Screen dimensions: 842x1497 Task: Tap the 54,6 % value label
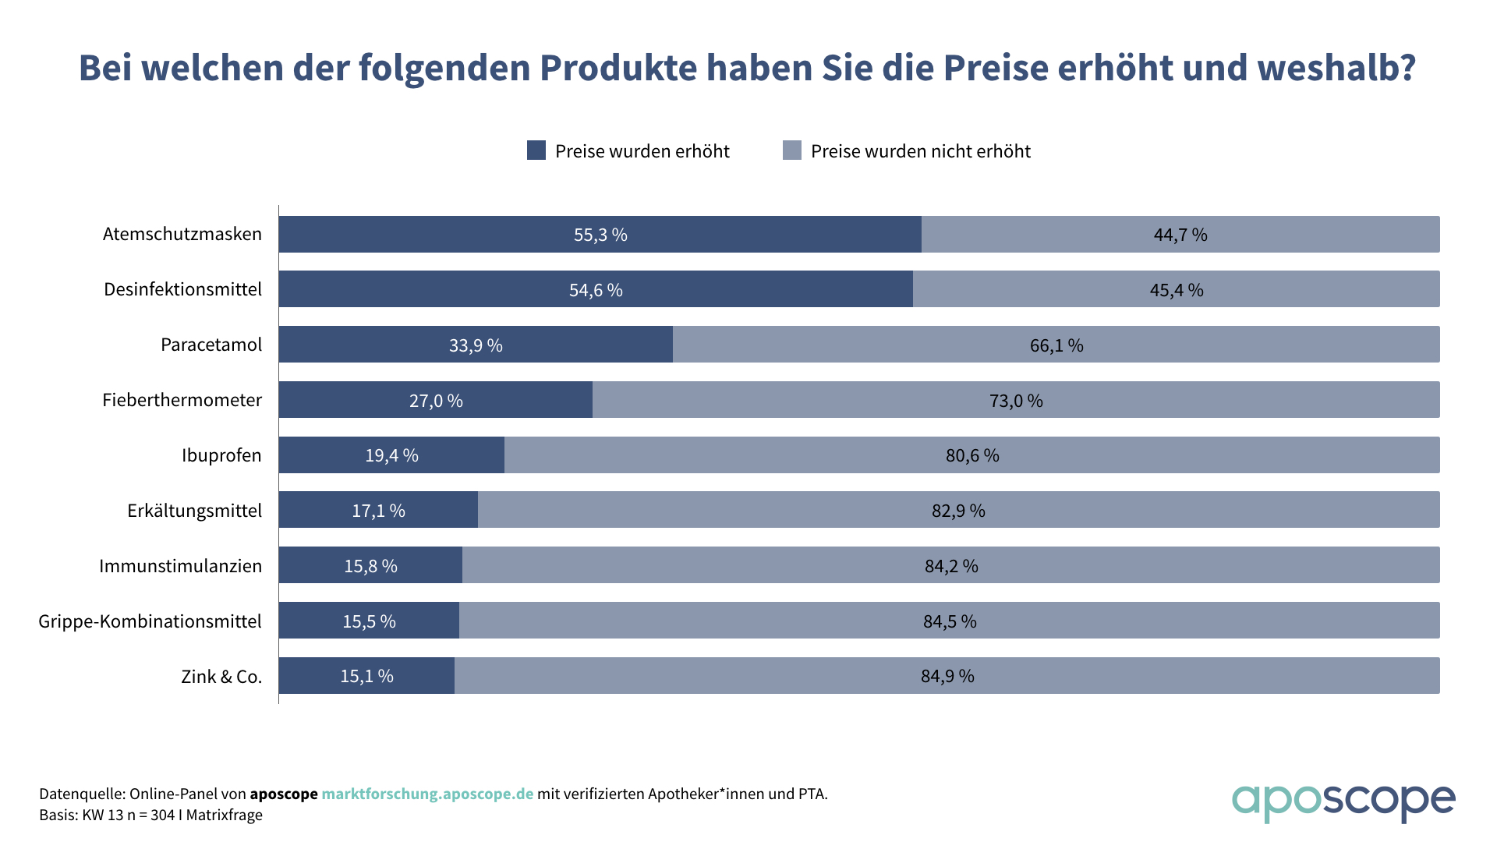coord(596,290)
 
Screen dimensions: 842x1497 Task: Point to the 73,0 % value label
coord(1016,401)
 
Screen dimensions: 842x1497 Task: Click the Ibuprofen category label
coord(221,455)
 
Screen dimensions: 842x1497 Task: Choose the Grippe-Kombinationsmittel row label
coord(150,621)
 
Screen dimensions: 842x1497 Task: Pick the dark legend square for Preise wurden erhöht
coord(536,150)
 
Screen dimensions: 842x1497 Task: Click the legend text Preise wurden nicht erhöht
coord(920,151)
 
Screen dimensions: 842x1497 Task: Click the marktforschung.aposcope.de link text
coord(427,794)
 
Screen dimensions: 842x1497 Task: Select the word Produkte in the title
coord(618,68)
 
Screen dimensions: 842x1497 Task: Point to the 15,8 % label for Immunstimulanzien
coord(370,566)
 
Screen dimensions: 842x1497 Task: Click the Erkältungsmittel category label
coord(194,511)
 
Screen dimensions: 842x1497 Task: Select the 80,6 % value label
coord(972,455)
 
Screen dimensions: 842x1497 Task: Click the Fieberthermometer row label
coord(182,400)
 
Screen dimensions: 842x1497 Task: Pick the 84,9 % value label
coord(947,676)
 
